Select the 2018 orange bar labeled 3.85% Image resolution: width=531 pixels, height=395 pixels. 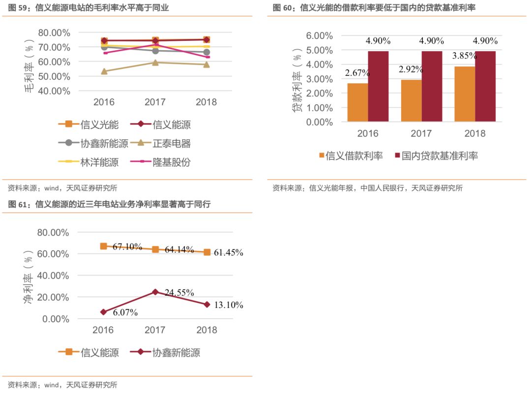tap(464, 94)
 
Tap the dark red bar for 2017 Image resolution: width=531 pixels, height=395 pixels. tap(431, 86)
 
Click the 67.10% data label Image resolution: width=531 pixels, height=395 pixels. tap(127, 247)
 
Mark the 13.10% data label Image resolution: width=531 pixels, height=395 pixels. tap(229, 305)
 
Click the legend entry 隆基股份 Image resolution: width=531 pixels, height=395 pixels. tap(172, 162)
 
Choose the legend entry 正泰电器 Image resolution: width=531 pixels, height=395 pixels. tap(172, 144)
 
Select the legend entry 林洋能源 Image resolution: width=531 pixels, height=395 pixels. tap(100, 162)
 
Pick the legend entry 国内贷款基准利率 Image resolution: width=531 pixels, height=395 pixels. tap(440, 156)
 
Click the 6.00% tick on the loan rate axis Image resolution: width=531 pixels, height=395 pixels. tap(319, 35)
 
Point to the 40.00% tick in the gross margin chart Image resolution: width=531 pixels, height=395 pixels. tap(54, 91)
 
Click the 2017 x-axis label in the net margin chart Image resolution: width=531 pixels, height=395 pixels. tap(155, 330)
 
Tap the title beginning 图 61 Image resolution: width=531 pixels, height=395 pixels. tap(109, 205)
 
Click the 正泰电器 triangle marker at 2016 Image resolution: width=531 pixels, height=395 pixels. tap(104, 71)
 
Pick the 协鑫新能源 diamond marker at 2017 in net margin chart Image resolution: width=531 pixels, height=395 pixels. tap(155, 292)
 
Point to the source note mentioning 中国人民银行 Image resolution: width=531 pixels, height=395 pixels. tap(367, 187)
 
